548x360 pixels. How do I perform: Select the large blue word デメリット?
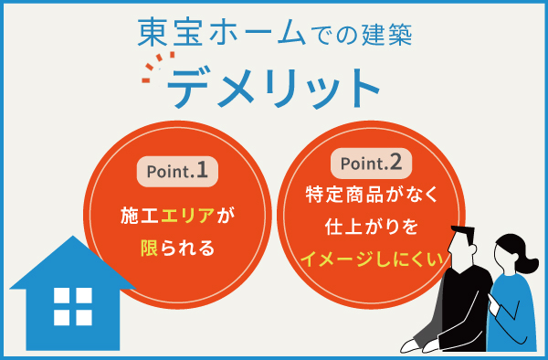(x=273, y=89)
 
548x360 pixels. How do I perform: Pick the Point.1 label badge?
(x=179, y=170)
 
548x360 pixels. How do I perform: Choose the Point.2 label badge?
(x=369, y=164)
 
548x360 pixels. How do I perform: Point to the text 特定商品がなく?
(x=371, y=196)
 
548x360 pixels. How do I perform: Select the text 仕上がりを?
(x=371, y=226)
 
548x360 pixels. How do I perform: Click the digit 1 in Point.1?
(x=202, y=169)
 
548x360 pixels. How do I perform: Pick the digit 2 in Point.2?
(x=394, y=164)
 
